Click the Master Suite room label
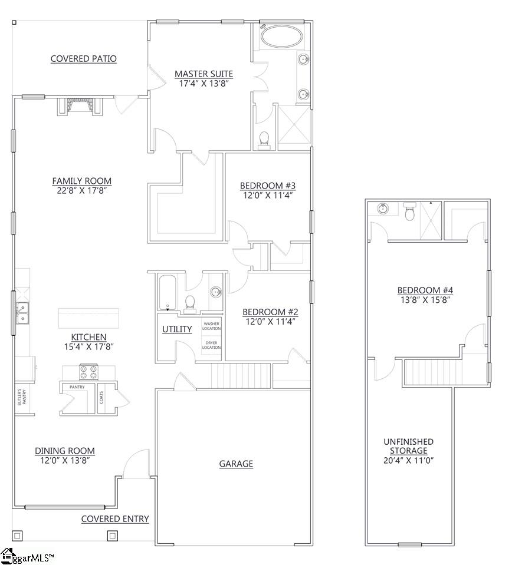[204, 74]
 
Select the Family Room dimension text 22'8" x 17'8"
[81, 190]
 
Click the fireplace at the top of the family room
[80, 106]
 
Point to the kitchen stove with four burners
[88, 372]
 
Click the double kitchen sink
[22, 313]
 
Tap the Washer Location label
[212, 325]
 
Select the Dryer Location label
[212, 345]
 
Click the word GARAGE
[236, 464]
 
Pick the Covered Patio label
[84, 58]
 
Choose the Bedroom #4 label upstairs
[423, 290]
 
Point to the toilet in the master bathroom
[264, 139]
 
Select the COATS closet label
[101, 398]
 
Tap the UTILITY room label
[177, 329]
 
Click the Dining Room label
[64, 451]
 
